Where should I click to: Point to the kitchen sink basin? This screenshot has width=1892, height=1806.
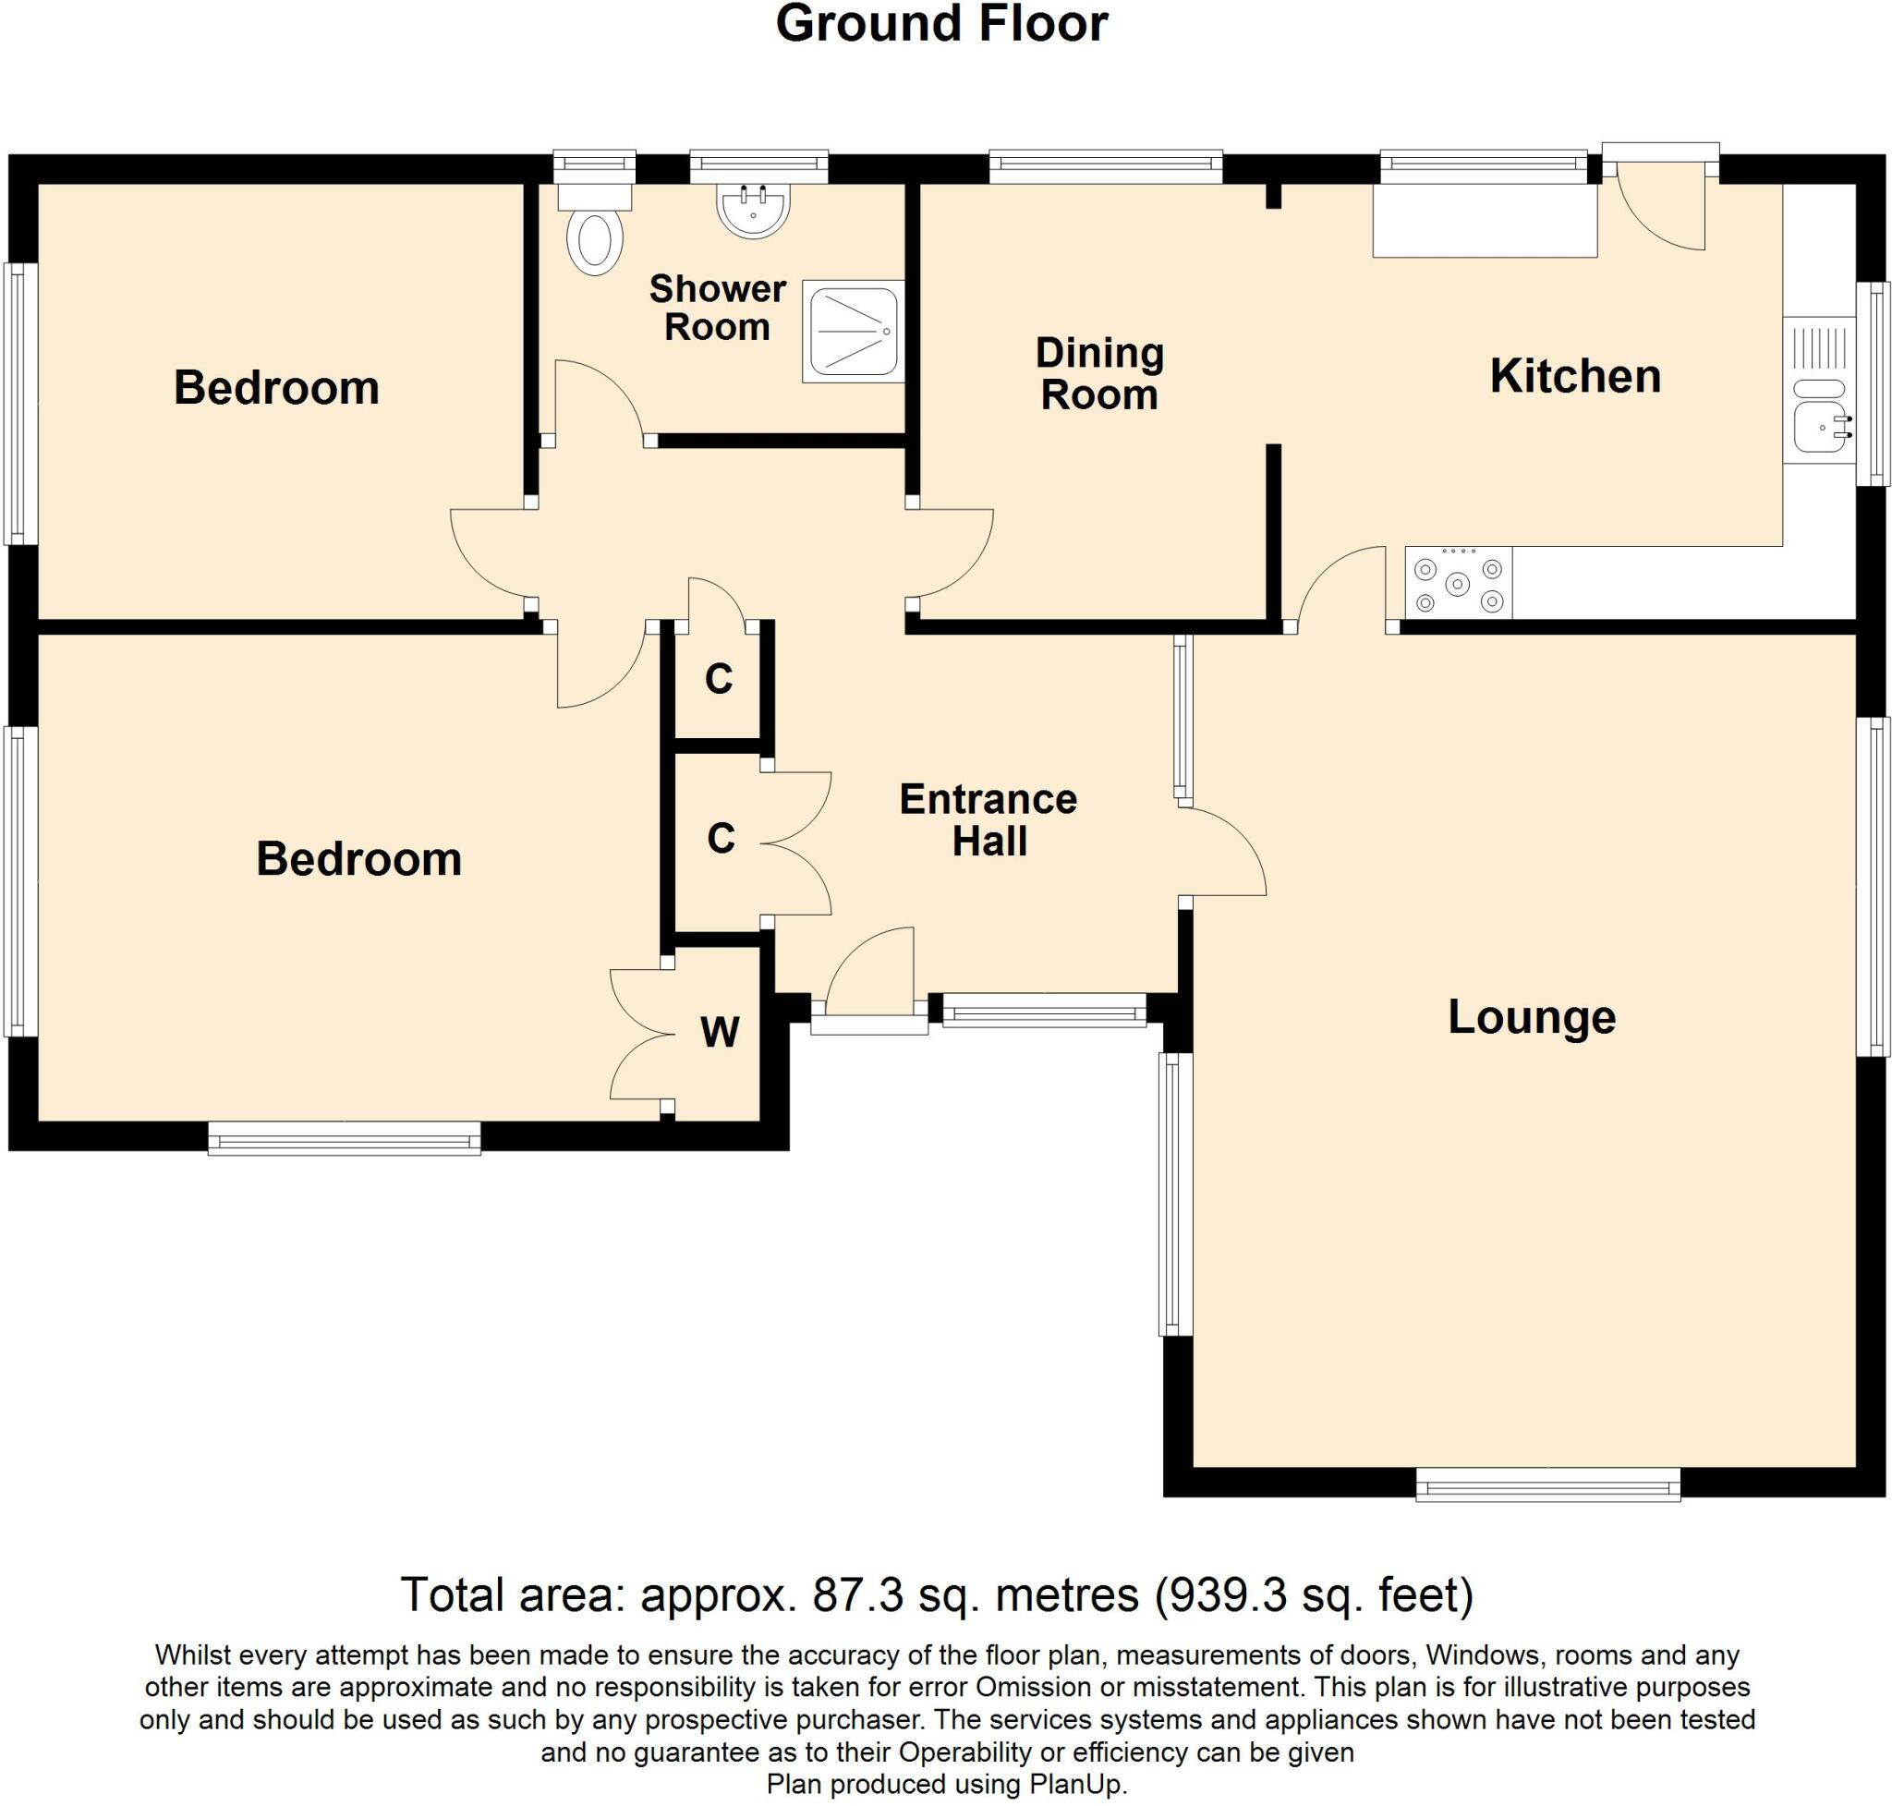pos(1817,428)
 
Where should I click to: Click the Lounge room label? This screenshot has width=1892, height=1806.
pos(1531,1018)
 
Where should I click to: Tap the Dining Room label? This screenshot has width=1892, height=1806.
pos(1098,374)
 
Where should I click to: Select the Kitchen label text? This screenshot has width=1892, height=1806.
pos(1575,376)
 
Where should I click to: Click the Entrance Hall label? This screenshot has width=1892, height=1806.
pos(988,820)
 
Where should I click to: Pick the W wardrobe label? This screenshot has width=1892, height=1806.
pos(720,1032)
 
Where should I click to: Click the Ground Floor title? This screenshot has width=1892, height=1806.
pos(941,24)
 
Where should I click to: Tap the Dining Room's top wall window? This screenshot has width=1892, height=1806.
pos(1105,167)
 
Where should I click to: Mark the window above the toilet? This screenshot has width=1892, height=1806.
pos(594,167)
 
